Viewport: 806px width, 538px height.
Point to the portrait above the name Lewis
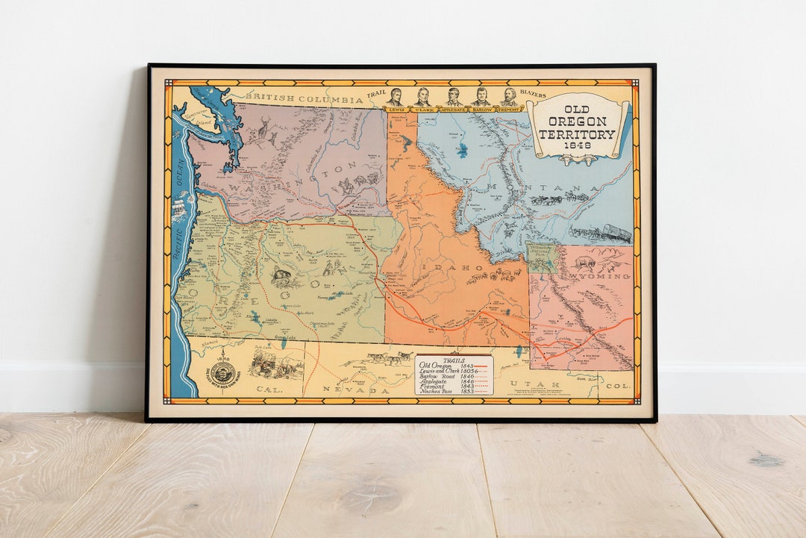click(x=395, y=98)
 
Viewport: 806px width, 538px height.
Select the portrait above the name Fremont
click(x=509, y=98)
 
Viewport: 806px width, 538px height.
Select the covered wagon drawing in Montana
click(x=616, y=234)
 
